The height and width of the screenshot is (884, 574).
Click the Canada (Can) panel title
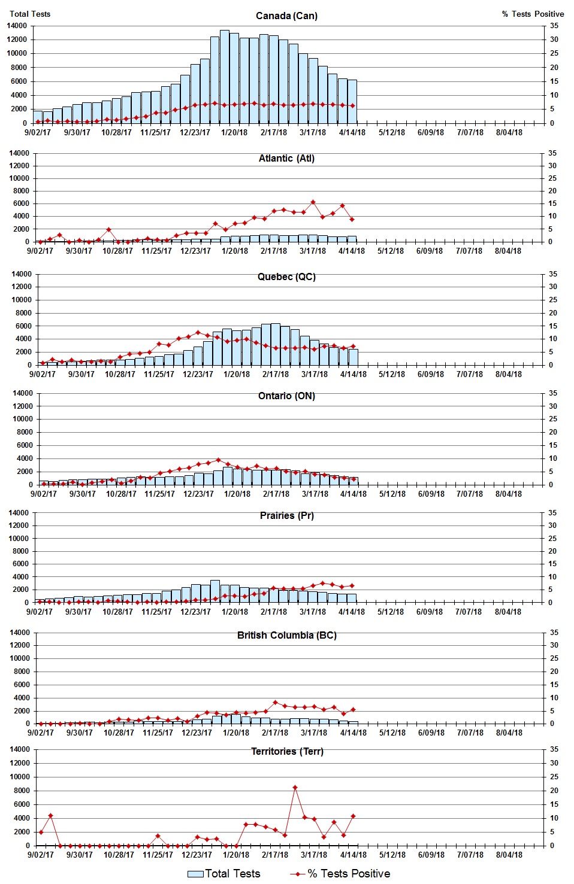point(286,16)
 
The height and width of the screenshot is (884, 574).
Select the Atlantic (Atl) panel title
point(286,158)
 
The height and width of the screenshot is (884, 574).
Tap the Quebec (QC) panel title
point(286,277)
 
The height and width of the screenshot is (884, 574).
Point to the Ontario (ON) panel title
point(286,396)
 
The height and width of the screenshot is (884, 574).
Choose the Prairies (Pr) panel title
point(286,515)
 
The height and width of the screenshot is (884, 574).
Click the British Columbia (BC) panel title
point(286,635)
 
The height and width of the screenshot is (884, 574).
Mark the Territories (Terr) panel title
point(286,751)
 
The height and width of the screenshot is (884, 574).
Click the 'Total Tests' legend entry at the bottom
point(224,874)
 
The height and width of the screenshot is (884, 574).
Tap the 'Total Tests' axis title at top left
point(30,14)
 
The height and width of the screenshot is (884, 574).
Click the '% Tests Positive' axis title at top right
point(533,14)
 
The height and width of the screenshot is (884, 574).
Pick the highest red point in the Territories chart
point(295,788)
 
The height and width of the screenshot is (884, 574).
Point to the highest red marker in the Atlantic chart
point(313,202)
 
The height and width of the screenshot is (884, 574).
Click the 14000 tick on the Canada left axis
point(17,26)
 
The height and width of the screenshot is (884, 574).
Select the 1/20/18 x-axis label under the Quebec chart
point(237,374)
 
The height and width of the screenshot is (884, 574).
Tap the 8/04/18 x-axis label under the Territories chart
point(509,855)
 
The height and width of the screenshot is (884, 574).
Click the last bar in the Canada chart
point(352,101)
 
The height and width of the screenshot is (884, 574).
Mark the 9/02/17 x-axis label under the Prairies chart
point(40,612)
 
